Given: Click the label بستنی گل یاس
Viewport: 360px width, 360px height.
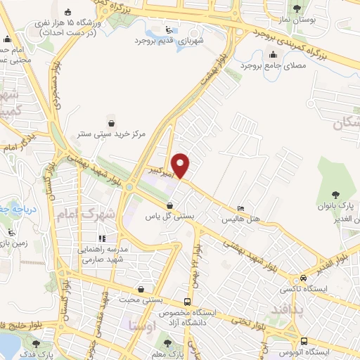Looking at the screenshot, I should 169,217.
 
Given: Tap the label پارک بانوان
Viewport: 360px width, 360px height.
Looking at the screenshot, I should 336,205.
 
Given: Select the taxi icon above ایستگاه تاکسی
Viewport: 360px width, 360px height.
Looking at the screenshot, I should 302,278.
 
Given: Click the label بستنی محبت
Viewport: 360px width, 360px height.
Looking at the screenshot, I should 141,300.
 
